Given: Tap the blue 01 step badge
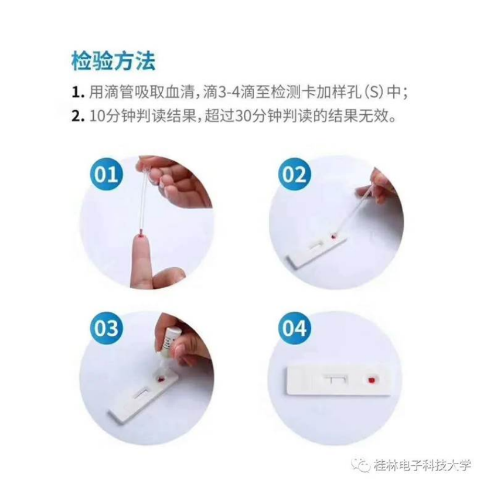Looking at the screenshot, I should [107, 175].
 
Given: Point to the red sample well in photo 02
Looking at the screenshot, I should [332, 237].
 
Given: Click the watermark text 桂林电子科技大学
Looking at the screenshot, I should [423, 466].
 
